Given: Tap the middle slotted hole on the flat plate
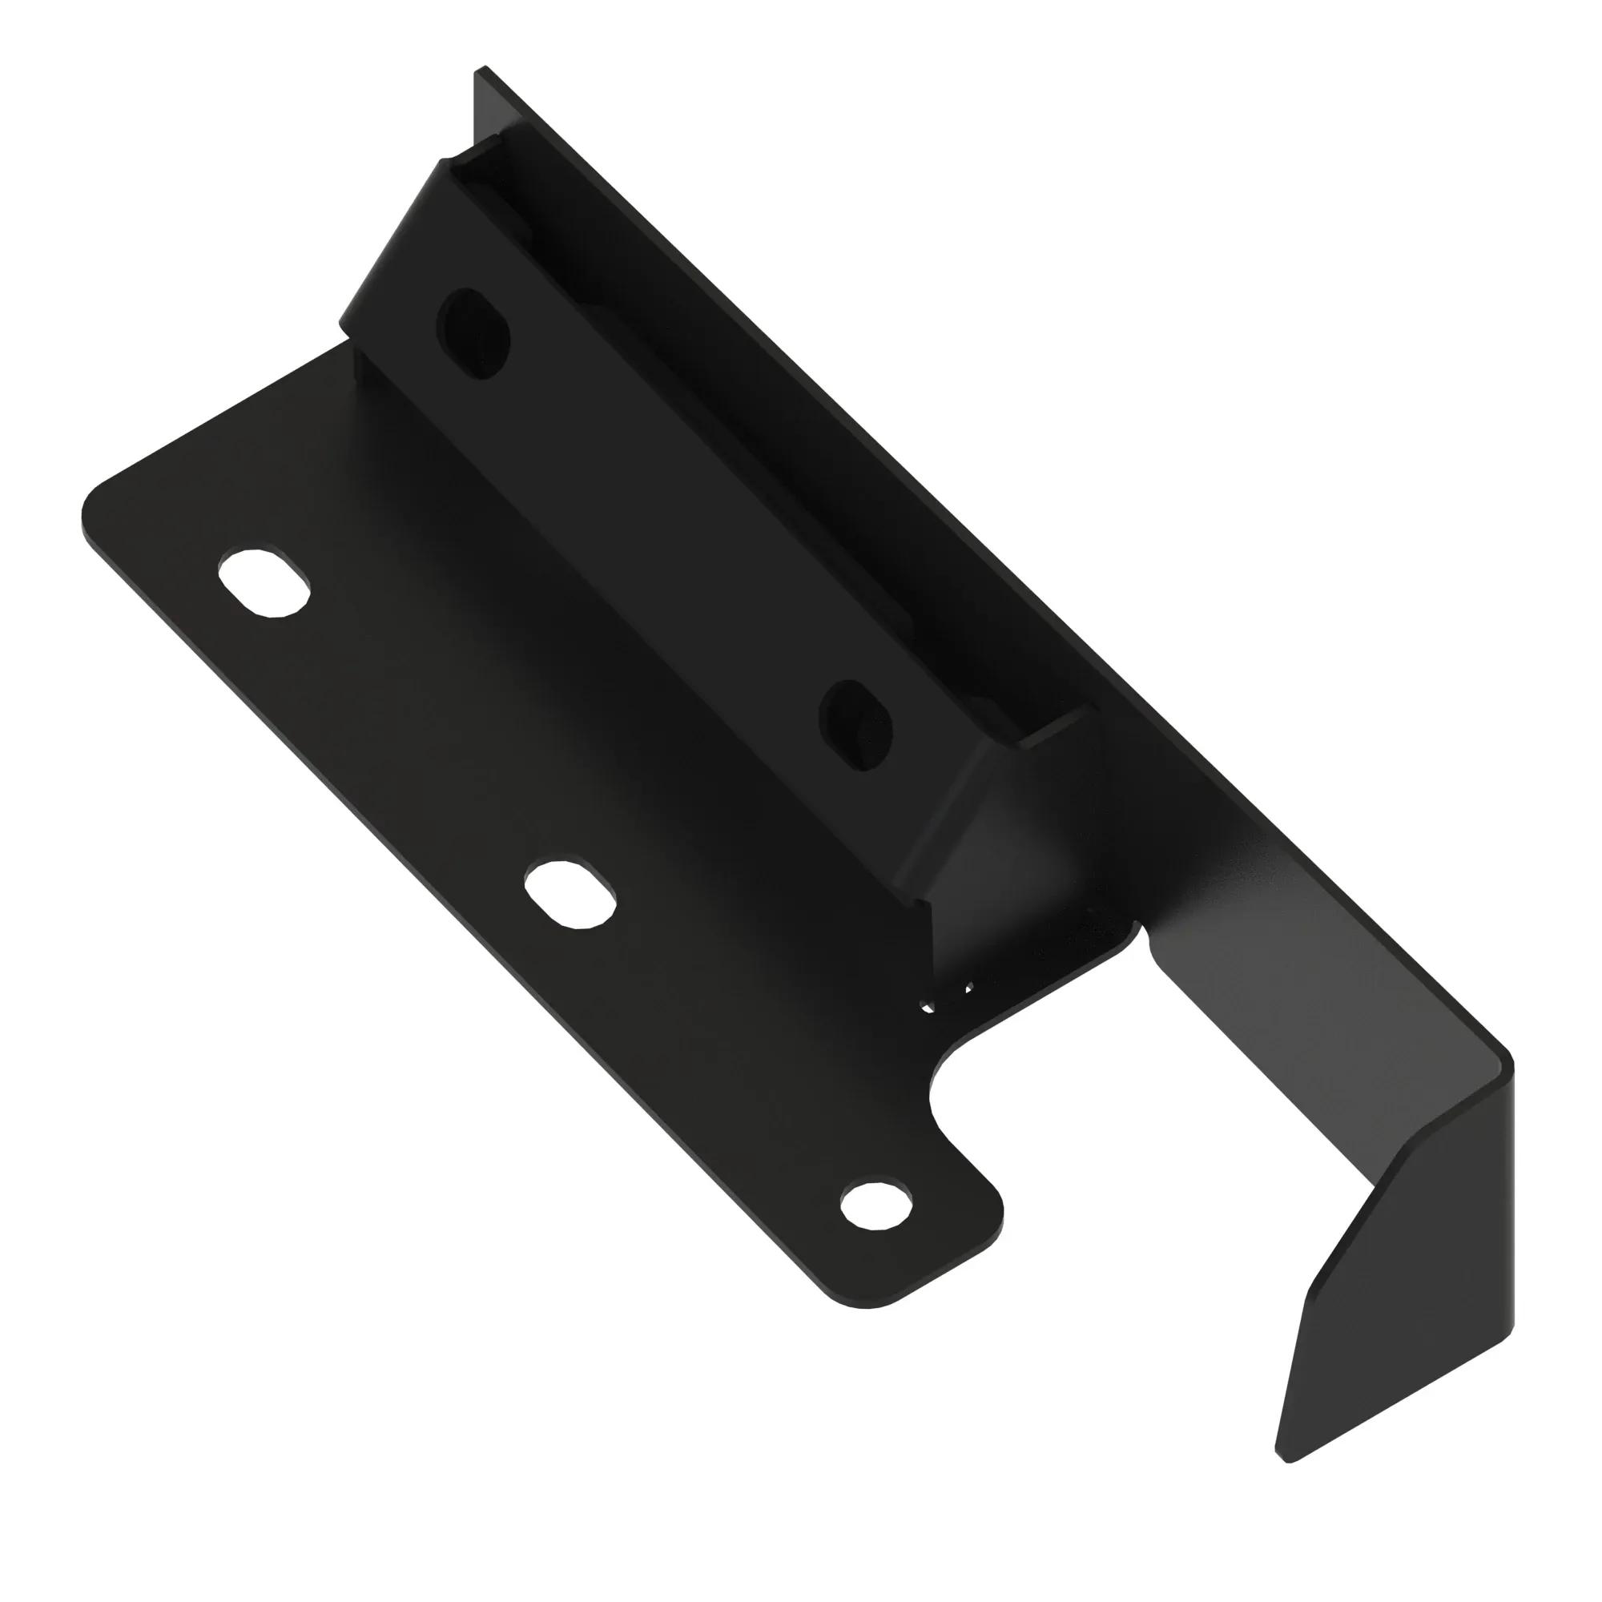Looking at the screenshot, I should click(571, 895).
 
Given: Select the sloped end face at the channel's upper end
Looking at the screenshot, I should click(390, 249).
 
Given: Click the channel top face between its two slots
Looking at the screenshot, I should click(663, 531).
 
